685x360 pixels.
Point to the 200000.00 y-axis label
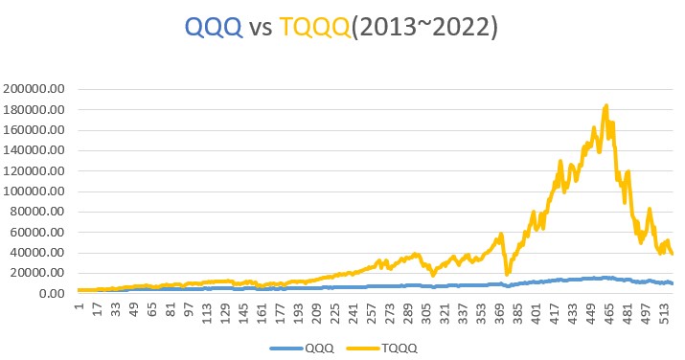(34, 88)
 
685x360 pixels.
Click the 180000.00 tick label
(34, 109)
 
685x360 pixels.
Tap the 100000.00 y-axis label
(34, 191)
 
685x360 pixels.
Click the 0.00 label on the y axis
(51, 294)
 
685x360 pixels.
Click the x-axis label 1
(79, 306)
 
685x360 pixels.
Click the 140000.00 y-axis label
(34, 150)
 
